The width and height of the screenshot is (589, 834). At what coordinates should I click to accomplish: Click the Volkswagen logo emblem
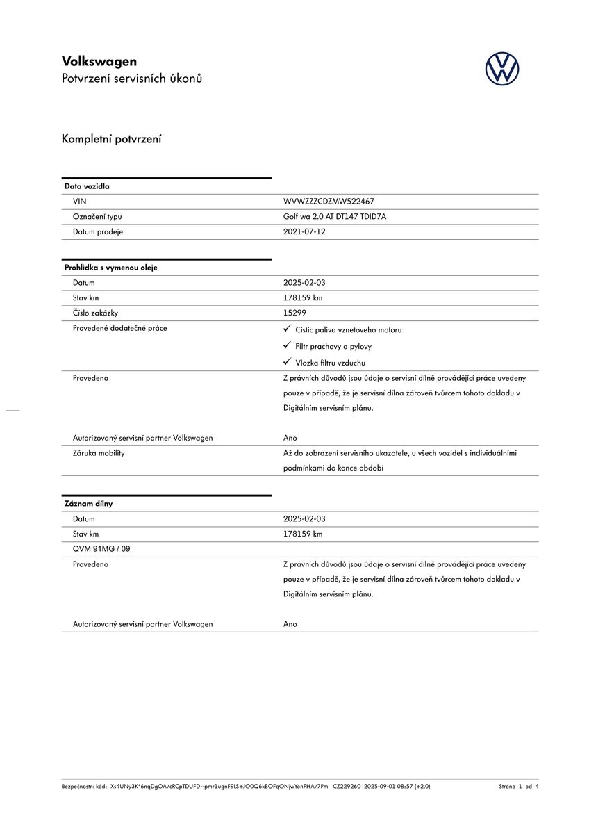tap(501, 69)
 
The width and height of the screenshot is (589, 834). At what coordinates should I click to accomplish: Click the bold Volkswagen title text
tap(99, 62)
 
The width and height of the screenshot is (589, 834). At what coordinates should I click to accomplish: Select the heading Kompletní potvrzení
tap(112, 139)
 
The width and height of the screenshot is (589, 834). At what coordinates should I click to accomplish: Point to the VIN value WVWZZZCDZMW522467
tap(329, 202)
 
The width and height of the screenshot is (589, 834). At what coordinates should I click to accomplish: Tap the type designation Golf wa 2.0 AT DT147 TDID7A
tap(335, 217)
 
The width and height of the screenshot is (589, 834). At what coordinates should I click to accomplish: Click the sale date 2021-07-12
tap(304, 231)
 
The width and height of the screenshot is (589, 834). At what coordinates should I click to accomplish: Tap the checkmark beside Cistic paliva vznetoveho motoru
tap(287, 329)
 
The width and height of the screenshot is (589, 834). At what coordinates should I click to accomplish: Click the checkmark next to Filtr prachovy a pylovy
tap(287, 345)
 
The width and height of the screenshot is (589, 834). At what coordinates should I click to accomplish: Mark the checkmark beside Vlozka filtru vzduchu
tap(287, 361)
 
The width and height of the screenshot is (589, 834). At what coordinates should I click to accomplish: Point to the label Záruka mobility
tap(99, 453)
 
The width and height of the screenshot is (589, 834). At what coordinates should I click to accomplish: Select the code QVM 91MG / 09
tap(101, 549)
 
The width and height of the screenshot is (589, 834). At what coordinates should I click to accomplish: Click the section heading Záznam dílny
tap(89, 504)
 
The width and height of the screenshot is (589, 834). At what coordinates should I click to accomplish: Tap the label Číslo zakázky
tap(95, 313)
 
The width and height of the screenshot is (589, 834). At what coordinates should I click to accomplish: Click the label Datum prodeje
tap(98, 231)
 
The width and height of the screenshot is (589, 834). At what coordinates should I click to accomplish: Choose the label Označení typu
tap(97, 217)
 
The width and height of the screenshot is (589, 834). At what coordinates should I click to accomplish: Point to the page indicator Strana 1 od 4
tap(518, 787)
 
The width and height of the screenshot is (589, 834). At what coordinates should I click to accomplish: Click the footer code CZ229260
tap(347, 787)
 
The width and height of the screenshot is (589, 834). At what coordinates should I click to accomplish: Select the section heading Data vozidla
tap(87, 186)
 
